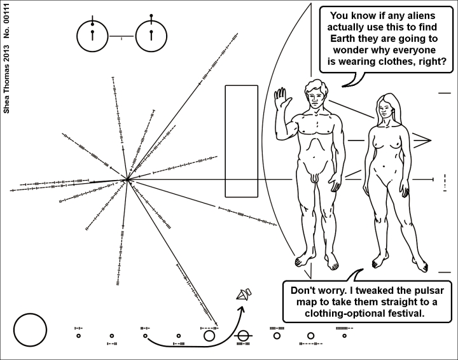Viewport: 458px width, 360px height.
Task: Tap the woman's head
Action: (x=387, y=106)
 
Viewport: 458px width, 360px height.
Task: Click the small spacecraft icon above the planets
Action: (x=244, y=294)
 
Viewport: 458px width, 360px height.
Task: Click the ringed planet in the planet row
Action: (x=243, y=335)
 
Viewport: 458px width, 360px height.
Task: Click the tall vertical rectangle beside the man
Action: (x=242, y=141)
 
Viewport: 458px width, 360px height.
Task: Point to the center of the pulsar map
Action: (x=127, y=181)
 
